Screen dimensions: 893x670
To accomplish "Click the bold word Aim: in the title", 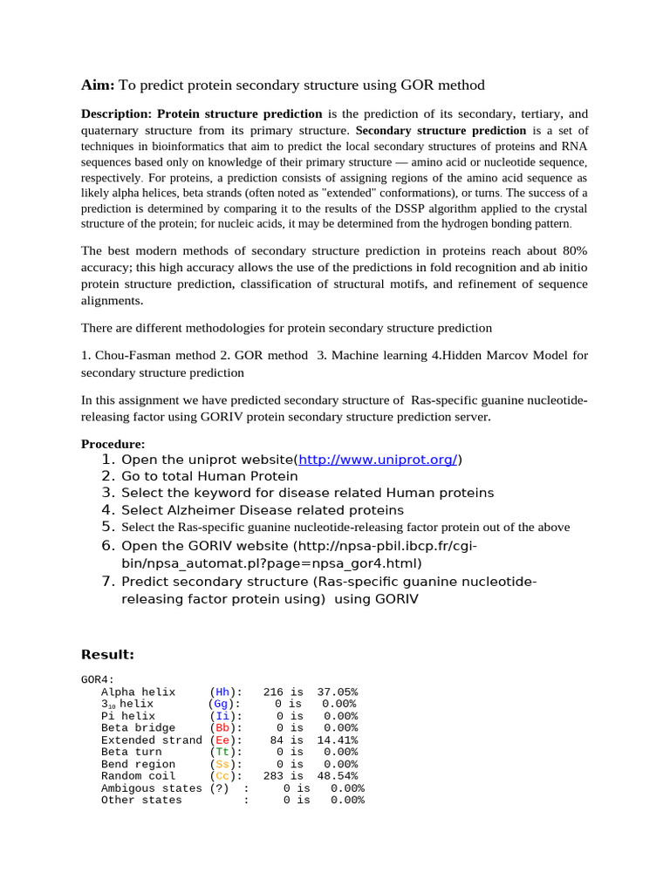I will pyautogui.click(x=98, y=85).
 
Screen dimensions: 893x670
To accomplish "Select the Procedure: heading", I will pyautogui.click(x=113, y=444).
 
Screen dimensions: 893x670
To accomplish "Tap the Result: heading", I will pyautogui.click(x=107, y=654).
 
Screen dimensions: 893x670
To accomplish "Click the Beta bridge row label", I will pyautogui.click(x=138, y=727).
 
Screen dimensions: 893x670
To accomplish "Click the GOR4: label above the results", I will pyautogui.click(x=97, y=679).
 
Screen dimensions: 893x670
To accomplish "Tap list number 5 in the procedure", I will pyautogui.click(x=107, y=527).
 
